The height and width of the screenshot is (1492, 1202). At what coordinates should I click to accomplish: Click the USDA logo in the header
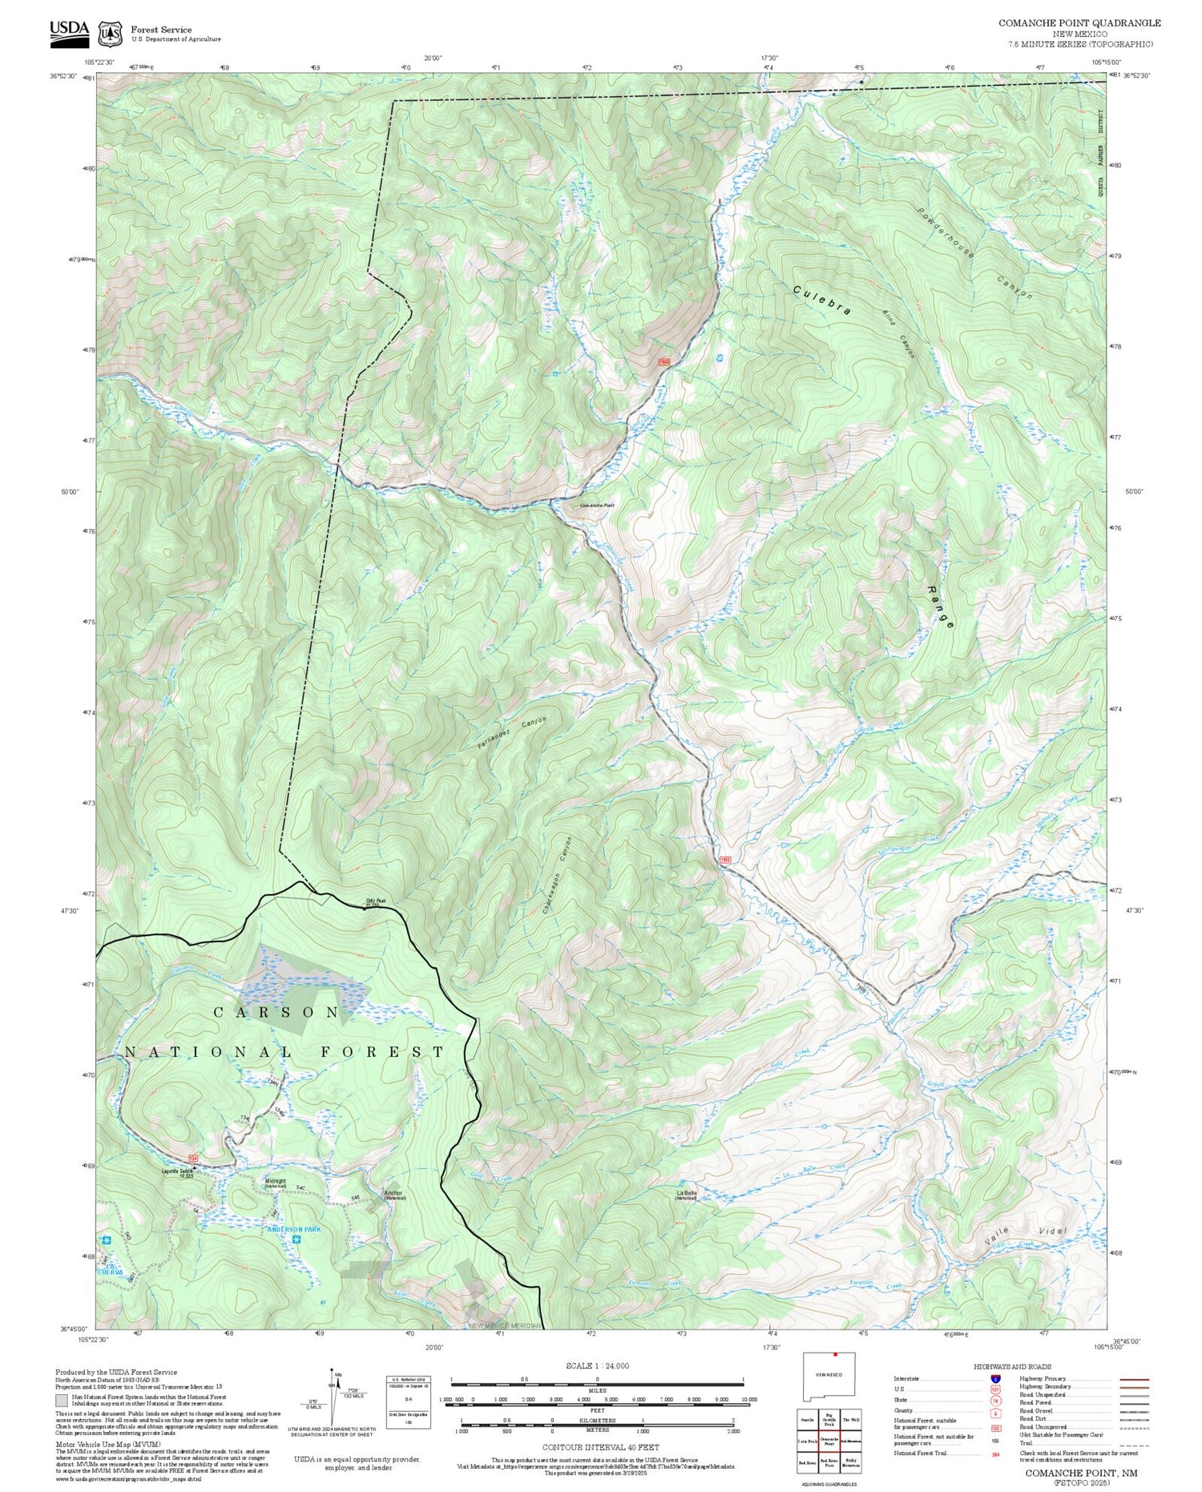(69, 31)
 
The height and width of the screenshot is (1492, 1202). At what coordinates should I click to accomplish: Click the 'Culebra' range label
(822, 300)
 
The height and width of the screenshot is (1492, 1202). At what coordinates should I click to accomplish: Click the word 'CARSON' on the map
(276, 1013)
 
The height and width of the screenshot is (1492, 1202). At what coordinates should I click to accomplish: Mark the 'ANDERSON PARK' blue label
(294, 1229)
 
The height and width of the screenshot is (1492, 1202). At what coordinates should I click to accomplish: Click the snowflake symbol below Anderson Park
(296, 1241)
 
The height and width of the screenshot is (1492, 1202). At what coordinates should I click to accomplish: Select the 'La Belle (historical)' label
(686, 1196)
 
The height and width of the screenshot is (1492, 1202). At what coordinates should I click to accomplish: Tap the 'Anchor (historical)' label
(393, 1194)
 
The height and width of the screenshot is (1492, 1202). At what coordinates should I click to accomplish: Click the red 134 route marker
(193, 1159)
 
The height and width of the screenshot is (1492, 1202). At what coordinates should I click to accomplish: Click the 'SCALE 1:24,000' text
(597, 1365)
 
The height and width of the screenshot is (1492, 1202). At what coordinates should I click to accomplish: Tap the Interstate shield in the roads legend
(994, 1378)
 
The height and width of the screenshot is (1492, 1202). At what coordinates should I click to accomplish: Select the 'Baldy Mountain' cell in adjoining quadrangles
(852, 1462)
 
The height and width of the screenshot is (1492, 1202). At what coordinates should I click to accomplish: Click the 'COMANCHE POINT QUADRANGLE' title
(1079, 22)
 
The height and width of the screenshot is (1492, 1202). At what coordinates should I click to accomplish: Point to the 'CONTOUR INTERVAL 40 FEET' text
(600, 1447)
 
